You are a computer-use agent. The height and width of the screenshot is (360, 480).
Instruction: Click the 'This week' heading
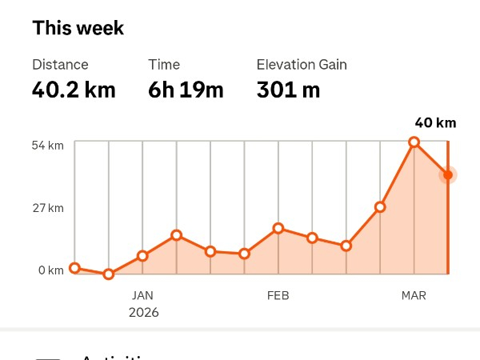tap(78, 29)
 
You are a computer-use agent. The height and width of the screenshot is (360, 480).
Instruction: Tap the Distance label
tap(60, 65)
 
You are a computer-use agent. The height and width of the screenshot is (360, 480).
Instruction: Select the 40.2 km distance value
tap(74, 90)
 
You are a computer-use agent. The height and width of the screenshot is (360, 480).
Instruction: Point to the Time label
tap(164, 65)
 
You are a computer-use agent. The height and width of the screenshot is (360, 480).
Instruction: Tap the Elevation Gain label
tap(302, 65)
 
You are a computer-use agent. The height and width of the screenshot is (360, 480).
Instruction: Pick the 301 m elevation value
tap(288, 90)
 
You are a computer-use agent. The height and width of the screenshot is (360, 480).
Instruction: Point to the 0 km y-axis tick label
tap(50, 270)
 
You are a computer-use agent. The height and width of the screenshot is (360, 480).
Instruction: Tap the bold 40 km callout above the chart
tap(435, 123)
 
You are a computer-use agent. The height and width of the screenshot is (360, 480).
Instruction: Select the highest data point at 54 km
tap(414, 142)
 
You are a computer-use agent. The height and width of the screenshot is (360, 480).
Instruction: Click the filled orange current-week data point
tap(448, 174)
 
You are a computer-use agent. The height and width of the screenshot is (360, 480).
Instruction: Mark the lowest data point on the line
tap(109, 274)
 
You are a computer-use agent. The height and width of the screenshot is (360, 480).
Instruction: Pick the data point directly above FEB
tap(278, 228)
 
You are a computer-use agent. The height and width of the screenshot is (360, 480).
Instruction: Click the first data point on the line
tap(75, 268)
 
